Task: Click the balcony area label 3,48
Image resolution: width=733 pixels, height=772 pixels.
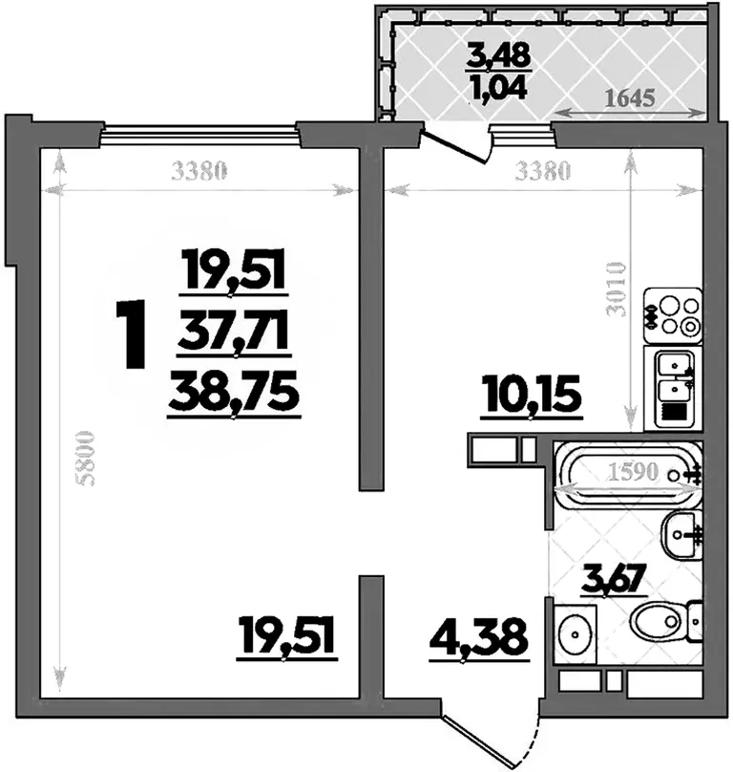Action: (499, 55)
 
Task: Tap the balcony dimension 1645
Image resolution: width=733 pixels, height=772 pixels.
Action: (630, 97)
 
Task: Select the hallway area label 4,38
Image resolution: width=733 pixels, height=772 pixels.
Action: (479, 638)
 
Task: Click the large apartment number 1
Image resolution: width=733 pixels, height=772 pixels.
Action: (131, 334)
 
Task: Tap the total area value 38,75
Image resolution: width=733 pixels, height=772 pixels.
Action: (234, 392)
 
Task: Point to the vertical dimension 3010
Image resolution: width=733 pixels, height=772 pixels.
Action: (616, 289)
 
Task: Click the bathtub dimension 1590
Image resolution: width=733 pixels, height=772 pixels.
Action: (633, 472)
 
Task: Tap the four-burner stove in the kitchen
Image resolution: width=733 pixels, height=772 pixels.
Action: (672, 315)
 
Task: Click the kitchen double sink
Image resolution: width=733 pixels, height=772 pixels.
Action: (673, 389)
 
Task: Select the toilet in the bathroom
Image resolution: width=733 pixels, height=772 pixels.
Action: (665, 622)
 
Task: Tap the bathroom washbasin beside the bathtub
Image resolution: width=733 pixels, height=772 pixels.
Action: (681, 534)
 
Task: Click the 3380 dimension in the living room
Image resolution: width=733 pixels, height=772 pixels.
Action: (199, 171)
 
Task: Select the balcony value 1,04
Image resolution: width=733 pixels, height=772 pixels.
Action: (499, 89)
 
